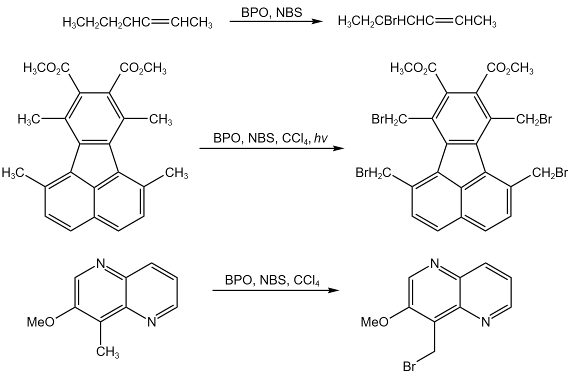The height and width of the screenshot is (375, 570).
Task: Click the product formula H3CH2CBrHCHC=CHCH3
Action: click(x=417, y=22)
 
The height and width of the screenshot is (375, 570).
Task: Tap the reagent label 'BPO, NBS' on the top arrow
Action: click(x=271, y=12)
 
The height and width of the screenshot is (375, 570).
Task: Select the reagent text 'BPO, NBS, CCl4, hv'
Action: click(x=270, y=138)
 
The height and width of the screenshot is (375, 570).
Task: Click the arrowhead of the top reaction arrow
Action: click(x=318, y=22)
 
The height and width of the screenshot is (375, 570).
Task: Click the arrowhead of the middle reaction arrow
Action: click(x=339, y=148)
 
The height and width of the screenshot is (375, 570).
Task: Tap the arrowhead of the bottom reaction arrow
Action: click(x=333, y=290)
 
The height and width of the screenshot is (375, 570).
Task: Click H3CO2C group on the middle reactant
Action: click(x=46, y=68)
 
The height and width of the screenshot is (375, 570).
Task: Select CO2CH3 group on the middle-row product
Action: click(x=510, y=68)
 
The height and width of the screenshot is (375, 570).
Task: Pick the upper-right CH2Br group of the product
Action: click(x=534, y=119)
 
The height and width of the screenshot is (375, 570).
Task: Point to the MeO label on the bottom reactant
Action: click(x=40, y=322)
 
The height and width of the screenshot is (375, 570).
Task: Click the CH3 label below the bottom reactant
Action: click(x=107, y=351)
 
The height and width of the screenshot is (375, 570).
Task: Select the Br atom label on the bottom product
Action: click(x=409, y=366)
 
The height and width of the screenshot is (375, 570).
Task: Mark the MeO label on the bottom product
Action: click(x=375, y=322)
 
